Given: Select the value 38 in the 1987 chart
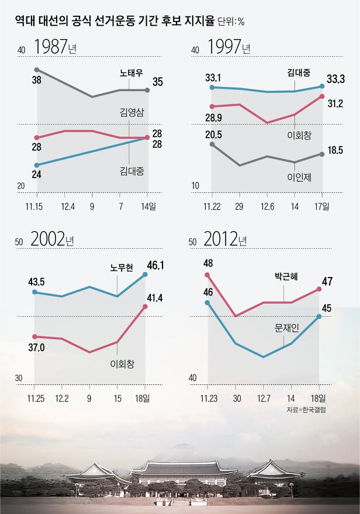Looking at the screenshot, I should pos(36,81).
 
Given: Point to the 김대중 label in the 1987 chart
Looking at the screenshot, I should pos(131,171).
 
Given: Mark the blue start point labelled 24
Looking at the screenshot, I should pos(37,165).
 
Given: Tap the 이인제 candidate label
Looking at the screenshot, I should pos(300,177).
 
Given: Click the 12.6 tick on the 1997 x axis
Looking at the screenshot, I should pos(267,206).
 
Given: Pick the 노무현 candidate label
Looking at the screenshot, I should pos(122,268).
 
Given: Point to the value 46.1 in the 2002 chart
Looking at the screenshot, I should pos(155,265).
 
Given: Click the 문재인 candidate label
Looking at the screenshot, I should pos(287,328).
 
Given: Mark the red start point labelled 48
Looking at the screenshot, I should pos(208,275).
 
